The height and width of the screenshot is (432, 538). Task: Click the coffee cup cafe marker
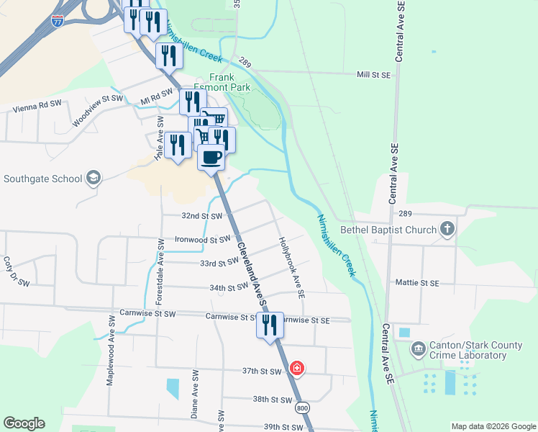tap(211, 157)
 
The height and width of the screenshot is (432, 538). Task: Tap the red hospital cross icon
tap(296, 369)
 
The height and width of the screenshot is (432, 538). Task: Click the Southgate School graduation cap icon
tap(93, 178)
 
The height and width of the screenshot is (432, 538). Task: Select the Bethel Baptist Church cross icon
tap(447, 230)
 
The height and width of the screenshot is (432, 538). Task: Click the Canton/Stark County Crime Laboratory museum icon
tap(419, 350)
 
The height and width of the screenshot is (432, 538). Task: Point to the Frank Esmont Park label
tap(229, 81)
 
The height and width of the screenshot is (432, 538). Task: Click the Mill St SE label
tap(373, 75)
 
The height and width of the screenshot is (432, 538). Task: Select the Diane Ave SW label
tap(194, 393)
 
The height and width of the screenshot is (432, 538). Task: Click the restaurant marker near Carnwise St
tap(270, 325)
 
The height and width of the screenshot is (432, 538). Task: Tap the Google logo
tap(24, 423)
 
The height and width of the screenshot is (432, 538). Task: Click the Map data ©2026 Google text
tap(493, 426)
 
